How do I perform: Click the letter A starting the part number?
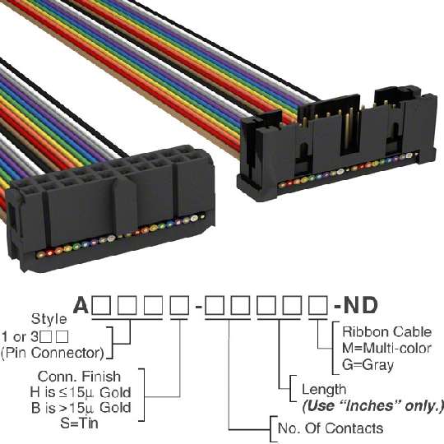tap(81, 305)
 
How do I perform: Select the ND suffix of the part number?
tap(360, 305)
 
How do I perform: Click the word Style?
tap(49, 319)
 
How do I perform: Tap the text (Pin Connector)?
tap(53, 353)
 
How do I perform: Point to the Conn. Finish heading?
tap(79, 377)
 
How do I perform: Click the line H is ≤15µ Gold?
tap(81, 392)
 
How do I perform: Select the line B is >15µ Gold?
tap(81, 408)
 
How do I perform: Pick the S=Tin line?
tap(79, 423)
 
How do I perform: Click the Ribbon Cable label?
tap(386, 332)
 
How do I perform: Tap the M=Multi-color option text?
tap(386, 348)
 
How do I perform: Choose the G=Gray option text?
tap(368, 365)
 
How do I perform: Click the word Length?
tap(324, 390)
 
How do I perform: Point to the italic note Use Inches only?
tap(372, 406)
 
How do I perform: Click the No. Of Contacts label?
tap(331, 428)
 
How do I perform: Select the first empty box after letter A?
tap(101, 305)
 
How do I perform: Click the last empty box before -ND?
tap(318, 305)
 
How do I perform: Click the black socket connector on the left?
tap(110, 208)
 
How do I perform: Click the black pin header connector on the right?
tap(337, 143)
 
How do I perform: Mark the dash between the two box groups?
tap(199, 306)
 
